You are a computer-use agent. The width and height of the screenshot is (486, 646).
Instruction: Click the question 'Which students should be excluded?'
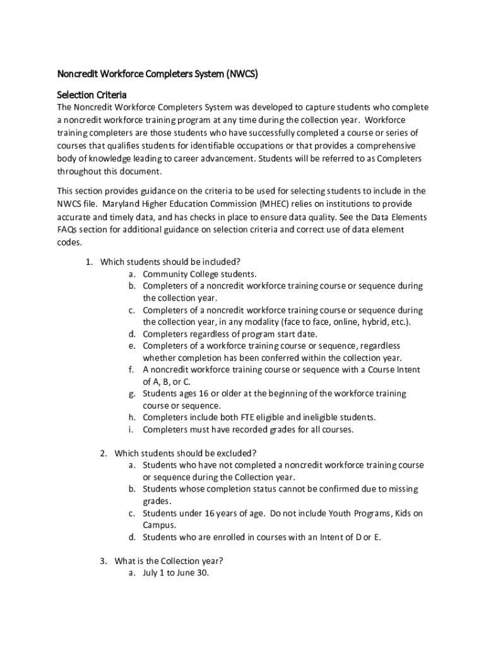(185, 453)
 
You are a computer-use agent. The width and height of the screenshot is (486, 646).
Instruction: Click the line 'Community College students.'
(199, 274)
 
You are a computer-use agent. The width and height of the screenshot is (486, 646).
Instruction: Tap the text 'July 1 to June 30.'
(175, 573)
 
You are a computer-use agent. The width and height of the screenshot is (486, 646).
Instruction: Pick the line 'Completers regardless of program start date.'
(230, 334)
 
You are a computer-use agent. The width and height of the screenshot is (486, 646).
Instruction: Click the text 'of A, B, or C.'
(167, 382)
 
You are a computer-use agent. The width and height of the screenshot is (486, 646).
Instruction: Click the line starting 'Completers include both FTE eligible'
(259, 417)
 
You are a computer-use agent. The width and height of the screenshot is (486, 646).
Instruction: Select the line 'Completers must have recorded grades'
(248, 430)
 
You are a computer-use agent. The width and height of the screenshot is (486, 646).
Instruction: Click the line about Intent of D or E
(262, 537)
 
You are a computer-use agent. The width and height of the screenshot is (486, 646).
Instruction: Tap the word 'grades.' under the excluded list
(157, 501)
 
